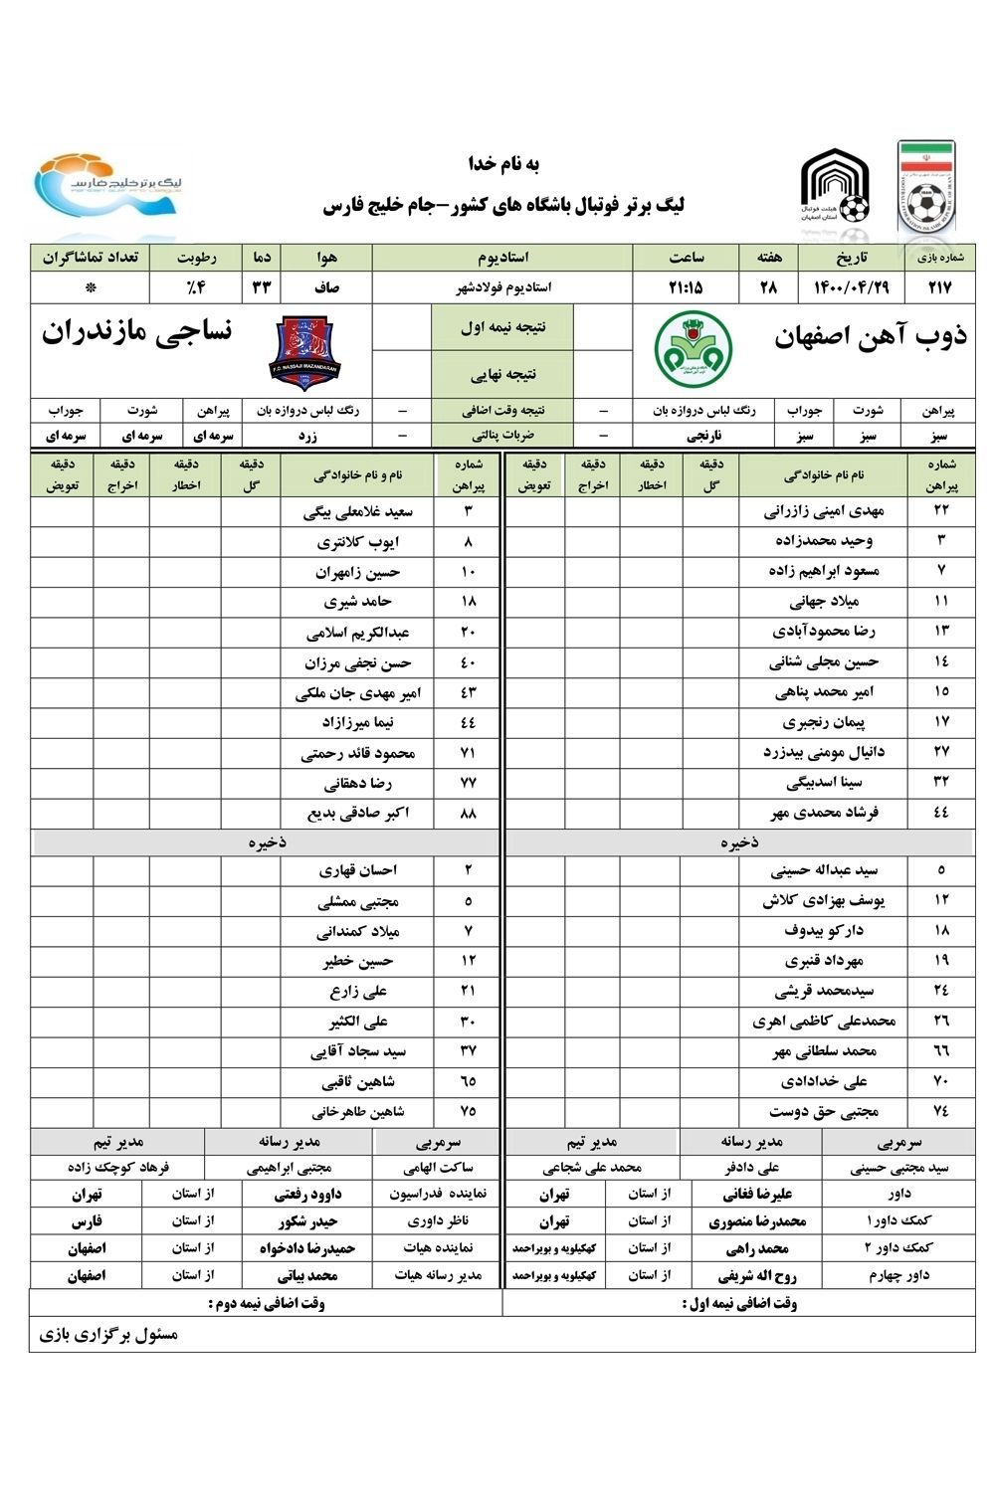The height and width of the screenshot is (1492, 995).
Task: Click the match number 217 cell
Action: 939,288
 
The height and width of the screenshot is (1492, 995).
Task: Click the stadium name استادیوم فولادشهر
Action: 501,287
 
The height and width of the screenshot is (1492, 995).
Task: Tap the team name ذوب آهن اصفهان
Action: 870,336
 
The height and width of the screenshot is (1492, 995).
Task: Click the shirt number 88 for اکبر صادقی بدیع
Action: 469,814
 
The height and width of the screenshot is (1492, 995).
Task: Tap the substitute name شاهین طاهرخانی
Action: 358,1112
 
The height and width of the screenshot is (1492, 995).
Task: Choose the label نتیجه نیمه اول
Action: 502,327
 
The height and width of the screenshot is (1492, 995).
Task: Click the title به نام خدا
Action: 502,163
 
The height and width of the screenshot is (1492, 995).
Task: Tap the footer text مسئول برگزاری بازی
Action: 108,1335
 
